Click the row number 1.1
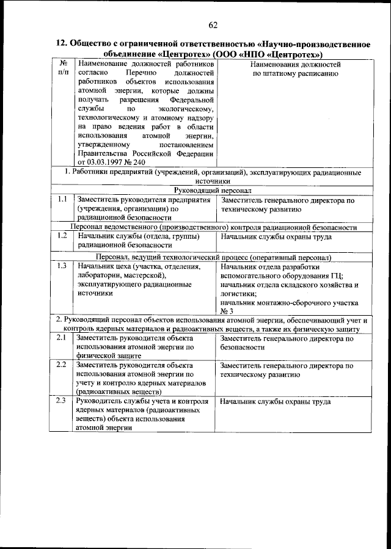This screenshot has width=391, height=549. [61, 200]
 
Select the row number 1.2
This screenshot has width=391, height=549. [61, 235]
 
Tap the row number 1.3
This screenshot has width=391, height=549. [61, 266]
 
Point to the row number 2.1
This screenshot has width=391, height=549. [61, 338]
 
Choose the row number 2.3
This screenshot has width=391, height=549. [61, 401]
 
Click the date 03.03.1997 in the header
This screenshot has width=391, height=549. [109, 163]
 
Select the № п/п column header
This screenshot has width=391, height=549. [62, 68]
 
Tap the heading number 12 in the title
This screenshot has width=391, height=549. [60, 43]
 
